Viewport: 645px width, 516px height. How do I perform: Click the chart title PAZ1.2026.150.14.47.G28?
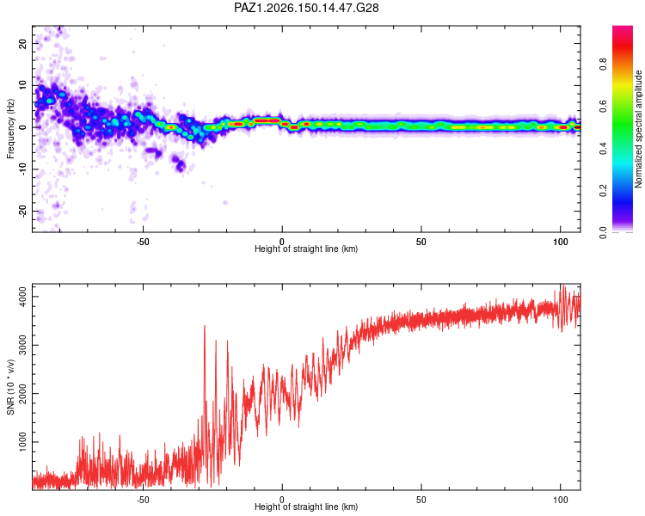click(306, 8)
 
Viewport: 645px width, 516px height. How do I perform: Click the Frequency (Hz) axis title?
click(10, 129)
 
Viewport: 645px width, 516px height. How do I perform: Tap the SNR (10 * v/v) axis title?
click(10, 387)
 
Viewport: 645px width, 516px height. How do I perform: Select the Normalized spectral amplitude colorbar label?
click(638, 129)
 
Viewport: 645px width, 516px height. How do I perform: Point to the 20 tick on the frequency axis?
click(22, 43)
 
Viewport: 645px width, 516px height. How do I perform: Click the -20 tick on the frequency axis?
click(22, 212)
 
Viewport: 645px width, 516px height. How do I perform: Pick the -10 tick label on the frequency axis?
click(22, 169)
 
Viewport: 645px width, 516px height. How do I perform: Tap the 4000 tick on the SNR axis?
click(22, 297)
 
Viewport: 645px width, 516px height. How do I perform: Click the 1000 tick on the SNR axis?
click(22, 442)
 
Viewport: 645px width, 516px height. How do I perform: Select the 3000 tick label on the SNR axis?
click(22, 345)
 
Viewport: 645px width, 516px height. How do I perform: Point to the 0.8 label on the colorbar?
click(603, 64)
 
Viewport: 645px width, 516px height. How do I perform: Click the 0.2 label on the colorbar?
click(603, 191)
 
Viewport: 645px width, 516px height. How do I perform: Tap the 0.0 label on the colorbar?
click(603, 233)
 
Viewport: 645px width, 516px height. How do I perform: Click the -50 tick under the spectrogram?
click(142, 242)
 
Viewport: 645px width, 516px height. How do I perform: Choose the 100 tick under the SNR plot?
click(560, 500)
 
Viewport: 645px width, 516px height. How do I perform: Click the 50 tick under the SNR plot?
click(421, 500)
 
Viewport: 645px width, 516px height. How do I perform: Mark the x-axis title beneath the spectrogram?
click(306, 249)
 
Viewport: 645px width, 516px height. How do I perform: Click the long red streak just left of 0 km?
click(267, 120)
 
